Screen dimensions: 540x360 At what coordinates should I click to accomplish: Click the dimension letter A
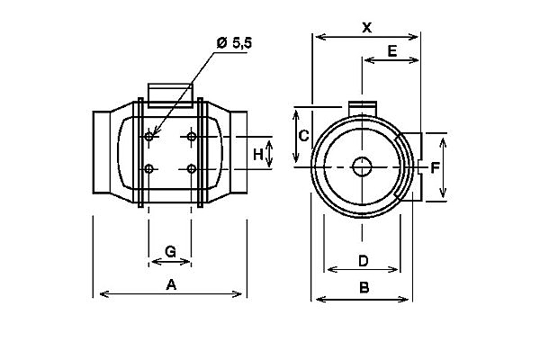coord(171,285)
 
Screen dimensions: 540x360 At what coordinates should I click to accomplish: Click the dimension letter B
coord(364,287)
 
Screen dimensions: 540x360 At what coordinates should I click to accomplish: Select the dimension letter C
coord(303,136)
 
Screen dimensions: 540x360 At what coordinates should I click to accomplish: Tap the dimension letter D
coord(364,261)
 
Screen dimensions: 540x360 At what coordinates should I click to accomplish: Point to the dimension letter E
coord(392,51)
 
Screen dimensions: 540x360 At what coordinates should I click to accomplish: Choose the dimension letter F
coord(436,167)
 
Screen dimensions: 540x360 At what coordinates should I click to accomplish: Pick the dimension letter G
coord(170,252)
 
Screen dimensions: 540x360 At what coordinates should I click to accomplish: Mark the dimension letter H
coord(258,155)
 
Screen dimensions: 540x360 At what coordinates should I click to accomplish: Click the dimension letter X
coord(367,27)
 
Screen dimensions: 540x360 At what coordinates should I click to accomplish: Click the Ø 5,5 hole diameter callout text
coord(235,43)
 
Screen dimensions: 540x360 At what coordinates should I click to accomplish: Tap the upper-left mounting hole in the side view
coord(148,137)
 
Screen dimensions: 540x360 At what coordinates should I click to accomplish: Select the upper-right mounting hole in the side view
coord(192,137)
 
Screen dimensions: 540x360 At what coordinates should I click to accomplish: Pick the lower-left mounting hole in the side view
coord(148,169)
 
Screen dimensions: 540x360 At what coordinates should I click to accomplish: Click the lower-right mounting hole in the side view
coord(192,169)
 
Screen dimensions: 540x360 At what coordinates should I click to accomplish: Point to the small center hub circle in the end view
coord(362,166)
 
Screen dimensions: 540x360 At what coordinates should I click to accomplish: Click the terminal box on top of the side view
coord(170,95)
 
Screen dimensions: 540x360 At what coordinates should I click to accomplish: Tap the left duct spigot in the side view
coord(102,152)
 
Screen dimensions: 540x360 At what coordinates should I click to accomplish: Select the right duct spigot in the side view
coord(238,152)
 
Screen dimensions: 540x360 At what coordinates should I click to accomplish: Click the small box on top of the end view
coord(363,108)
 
